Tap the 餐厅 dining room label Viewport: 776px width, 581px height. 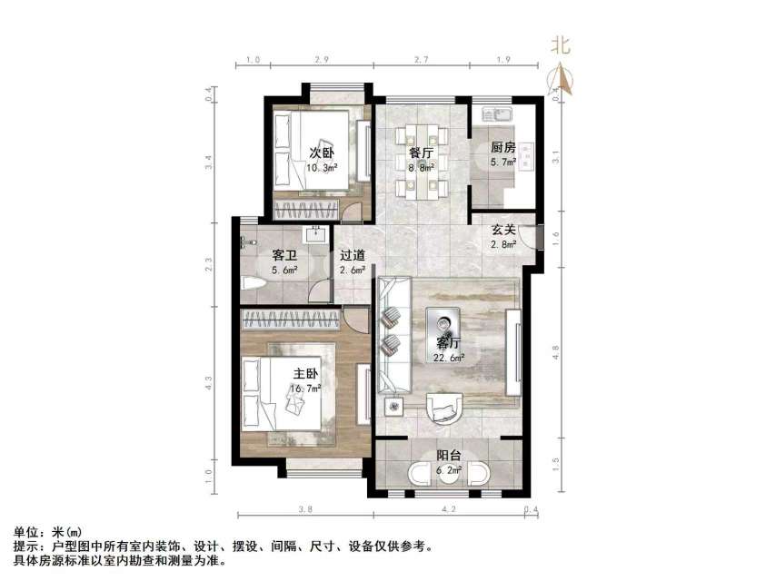419,152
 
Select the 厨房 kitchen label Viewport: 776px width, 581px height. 503,147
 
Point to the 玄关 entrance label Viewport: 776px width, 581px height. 503,230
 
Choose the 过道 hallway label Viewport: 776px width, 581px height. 352,256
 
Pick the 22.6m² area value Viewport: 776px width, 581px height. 449,358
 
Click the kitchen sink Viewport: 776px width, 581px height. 497,115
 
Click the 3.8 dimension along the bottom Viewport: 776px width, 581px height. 305,509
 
